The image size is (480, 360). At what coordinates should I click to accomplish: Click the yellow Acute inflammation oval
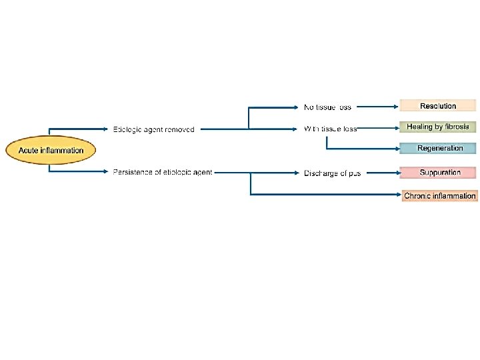(x=51, y=150)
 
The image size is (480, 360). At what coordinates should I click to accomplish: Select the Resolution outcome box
(x=438, y=105)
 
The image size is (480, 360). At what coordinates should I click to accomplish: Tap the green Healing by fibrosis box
(x=438, y=127)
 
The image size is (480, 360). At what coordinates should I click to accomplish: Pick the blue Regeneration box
(x=438, y=148)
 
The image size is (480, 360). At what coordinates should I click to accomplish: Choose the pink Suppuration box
(x=438, y=173)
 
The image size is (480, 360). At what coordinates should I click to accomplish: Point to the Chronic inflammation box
(x=439, y=195)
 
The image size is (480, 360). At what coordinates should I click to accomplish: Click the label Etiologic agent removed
(x=154, y=129)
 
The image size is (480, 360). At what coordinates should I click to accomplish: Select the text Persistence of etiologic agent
(x=163, y=173)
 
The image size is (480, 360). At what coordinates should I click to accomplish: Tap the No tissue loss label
(x=327, y=107)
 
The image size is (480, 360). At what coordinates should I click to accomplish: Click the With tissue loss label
(x=330, y=129)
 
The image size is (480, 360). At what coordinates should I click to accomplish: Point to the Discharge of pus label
(x=332, y=173)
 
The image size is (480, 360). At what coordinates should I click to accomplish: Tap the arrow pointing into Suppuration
(x=383, y=173)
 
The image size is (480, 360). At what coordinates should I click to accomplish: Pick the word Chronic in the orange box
(x=417, y=195)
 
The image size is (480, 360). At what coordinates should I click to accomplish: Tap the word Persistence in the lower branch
(x=132, y=173)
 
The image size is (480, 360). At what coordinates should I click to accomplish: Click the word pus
(x=354, y=173)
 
